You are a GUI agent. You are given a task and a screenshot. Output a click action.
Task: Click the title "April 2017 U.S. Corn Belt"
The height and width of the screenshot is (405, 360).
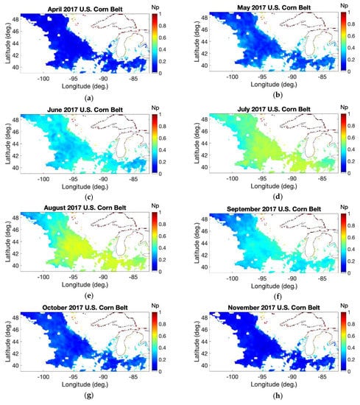point(86,6)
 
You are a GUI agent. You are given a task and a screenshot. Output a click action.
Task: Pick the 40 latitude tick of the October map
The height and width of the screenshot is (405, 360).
point(21,379)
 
